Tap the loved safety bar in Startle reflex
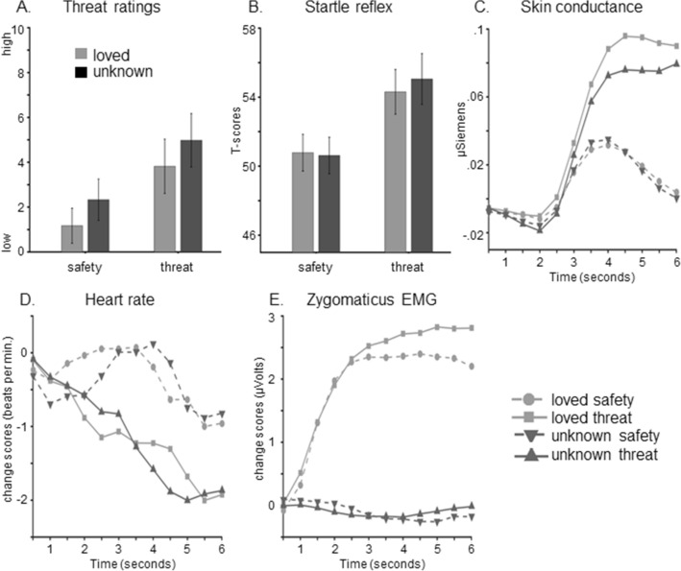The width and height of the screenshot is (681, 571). click(304, 202)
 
